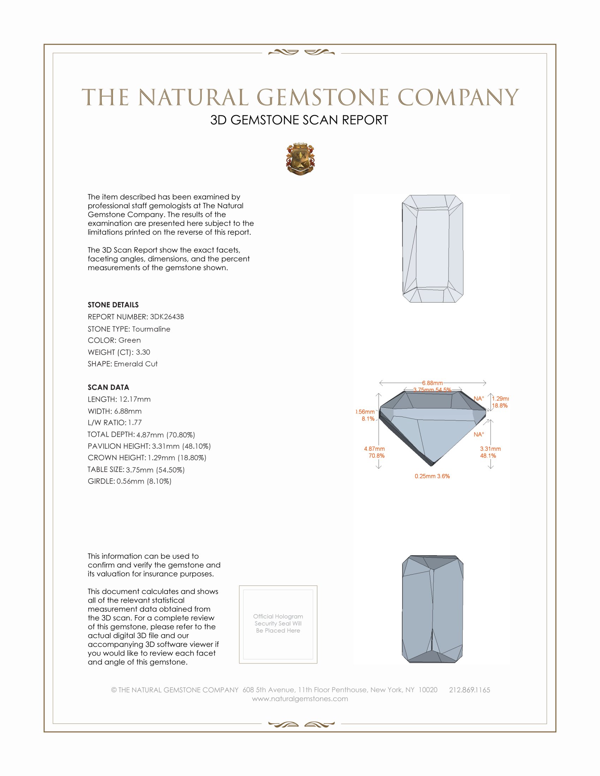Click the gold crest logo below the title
coord(300,159)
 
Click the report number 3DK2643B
coord(167,317)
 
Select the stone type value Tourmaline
coord(151,329)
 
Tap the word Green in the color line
coord(130,340)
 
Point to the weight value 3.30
coord(143,352)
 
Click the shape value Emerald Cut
coord(136,364)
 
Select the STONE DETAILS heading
coord(113,305)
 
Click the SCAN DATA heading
coord(108,387)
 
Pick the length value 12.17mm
coord(135,399)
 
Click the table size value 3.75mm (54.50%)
coord(155,470)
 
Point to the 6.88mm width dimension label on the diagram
coord(432,383)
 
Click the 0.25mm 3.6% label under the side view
coord(432,476)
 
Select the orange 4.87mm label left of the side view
coord(374,449)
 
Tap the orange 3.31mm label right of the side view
coord(490,449)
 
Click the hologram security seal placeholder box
coord(278,624)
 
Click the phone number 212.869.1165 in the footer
coord(469,690)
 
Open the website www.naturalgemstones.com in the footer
coord(300,699)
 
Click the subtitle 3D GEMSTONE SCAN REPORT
coord(299,120)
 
